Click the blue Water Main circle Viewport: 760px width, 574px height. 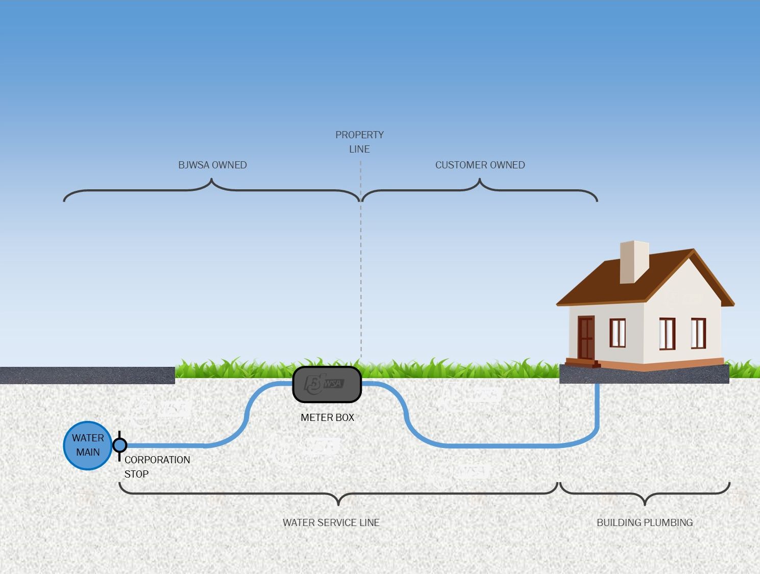coord(87,445)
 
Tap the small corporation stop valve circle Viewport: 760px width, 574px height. coord(120,445)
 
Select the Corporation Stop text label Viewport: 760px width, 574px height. coord(157,466)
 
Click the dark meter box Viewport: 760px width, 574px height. coord(327,384)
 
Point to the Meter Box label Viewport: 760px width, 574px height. coord(327,417)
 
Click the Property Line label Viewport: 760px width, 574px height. coord(359,142)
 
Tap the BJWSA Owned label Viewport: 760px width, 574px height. coord(212,165)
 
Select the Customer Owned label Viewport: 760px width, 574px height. coord(480,165)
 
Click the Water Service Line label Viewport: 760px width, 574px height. coord(331,522)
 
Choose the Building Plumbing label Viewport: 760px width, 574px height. coord(645,522)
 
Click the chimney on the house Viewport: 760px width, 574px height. coord(633,261)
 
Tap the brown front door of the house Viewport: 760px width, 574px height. coord(585,337)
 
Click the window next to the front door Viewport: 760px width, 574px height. coord(617,332)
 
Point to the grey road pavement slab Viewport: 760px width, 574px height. coord(87,375)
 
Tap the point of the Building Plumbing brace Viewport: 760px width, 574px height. coord(645,504)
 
